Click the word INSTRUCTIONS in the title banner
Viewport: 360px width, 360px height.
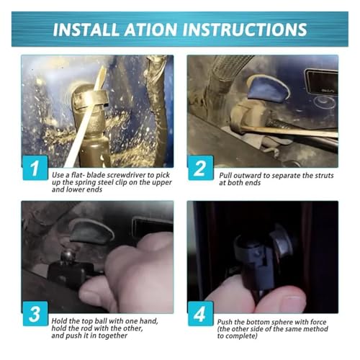coord(246,30)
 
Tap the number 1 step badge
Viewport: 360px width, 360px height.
coord(35,168)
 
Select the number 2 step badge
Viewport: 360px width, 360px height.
coord(201,168)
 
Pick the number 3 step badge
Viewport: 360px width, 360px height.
coord(35,314)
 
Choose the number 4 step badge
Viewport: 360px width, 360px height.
coord(201,314)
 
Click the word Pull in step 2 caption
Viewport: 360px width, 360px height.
coord(225,176)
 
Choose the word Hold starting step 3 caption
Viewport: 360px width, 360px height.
coord(59,321)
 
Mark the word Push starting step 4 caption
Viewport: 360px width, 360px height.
coord(225,322)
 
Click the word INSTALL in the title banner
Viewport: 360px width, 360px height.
coord(86,30)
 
